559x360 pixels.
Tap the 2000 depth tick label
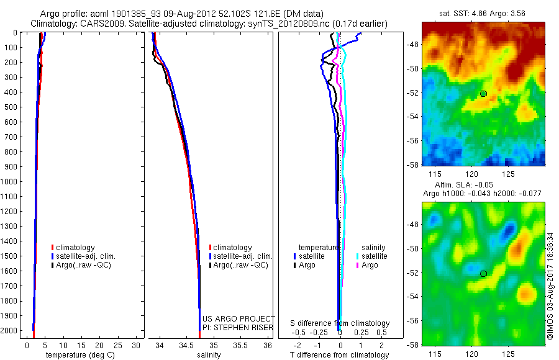point(11,331)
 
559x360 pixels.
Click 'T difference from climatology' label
point(340,355)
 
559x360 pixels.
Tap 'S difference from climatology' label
point(340,323)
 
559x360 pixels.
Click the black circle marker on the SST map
point(483,94)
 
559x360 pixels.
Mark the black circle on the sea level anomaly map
point(483,273)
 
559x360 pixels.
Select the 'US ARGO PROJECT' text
point(239,318)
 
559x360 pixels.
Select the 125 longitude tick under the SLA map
point(508,353)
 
